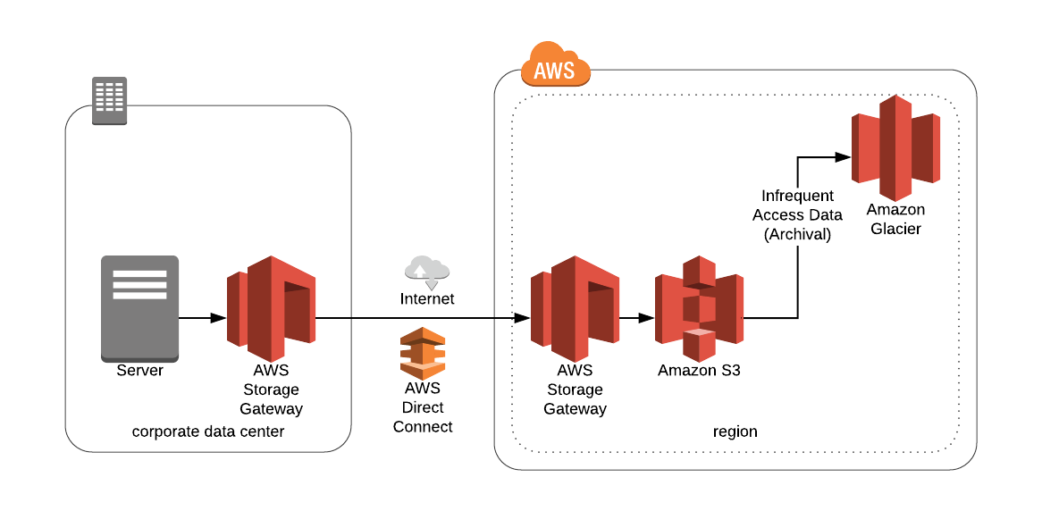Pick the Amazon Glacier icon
pyautogui.click(x=895, y=147)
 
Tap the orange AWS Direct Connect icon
pyautogui.click(x=423, y=354)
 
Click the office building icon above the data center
pyautogui.click(x=110, y=100)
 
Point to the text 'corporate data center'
pyautogui.click(x=208, y=431)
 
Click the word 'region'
pyautogui.click(x=735, y=431)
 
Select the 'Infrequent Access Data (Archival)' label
pyautogui.click(x=797, y=214)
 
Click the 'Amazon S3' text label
pyautogui.click(x=699, y=370)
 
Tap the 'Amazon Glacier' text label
pyautogui.click(x=895, y=219)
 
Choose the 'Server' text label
pyautogui.click(x=139, y=370)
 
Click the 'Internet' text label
pyautogui.click(x=426, y=298)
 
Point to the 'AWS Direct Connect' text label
pyautogui.click(x=423, y=407)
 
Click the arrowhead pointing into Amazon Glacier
pyautogui.click(x=842, y=157)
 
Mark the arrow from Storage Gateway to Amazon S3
pyautogui.click(x=636, y=317)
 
